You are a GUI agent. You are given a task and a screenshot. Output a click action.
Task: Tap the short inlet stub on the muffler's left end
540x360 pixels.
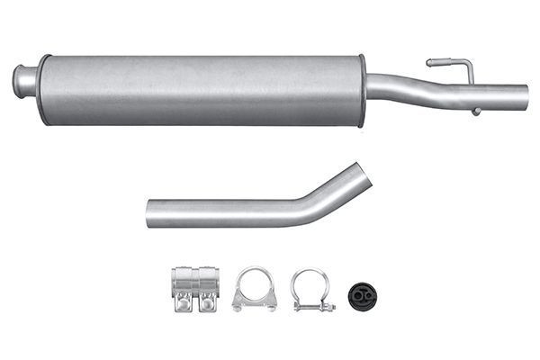(x=25, y=80)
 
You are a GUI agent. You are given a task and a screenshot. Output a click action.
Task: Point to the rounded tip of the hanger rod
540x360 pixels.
(x=430, y=63)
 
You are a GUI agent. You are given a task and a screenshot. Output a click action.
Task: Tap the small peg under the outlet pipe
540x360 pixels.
(x=475, y=112)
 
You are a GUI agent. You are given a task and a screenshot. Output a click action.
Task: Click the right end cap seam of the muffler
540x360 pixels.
(x=363, y=90)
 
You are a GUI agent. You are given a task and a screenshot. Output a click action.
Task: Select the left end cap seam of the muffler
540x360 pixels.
(x=40, y=89)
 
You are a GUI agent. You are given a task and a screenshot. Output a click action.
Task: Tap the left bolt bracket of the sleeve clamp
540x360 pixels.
(x=184, y=303)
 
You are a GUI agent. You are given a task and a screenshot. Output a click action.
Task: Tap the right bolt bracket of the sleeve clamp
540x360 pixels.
(x=207, y=303)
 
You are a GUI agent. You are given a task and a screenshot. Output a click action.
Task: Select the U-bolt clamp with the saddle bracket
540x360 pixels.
(x=254, y=289)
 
